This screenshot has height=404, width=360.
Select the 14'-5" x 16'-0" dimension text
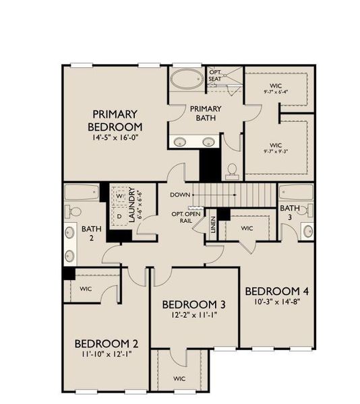click(x=115, y=138)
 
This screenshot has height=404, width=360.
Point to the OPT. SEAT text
click(x=215, y=75)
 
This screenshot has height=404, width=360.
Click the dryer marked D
click(x=119, y=217)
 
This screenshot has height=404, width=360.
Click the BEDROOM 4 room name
click(x=276, y=291)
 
